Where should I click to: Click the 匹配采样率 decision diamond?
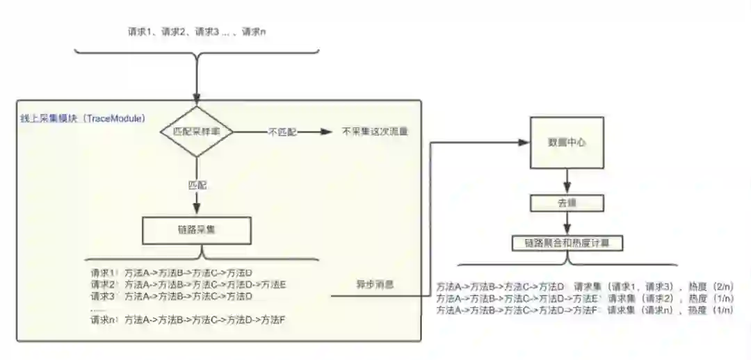click(x=197, y=131)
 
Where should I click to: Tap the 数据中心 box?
click(x=567, y=142)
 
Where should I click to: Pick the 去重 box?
click(x=567, y=204)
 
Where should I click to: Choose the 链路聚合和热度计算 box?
click(x=567, y=243)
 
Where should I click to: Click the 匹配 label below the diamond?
click(x=197, y=186)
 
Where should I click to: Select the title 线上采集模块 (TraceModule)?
click(x=83, y=119)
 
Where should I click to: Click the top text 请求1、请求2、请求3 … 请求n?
click(x=197, y=32)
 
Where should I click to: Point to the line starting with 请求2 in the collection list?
click(x=188, y=284)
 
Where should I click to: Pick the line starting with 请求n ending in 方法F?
click(x=188, y=320)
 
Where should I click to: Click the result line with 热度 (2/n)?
click(x=585, y=286)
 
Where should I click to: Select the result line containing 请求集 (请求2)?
click(x=585, y=298)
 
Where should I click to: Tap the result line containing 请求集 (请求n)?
click(x=585, y=310)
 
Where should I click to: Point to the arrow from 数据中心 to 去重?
click(x=567, y=181)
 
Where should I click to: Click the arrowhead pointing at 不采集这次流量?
click(x=326, y=131)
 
